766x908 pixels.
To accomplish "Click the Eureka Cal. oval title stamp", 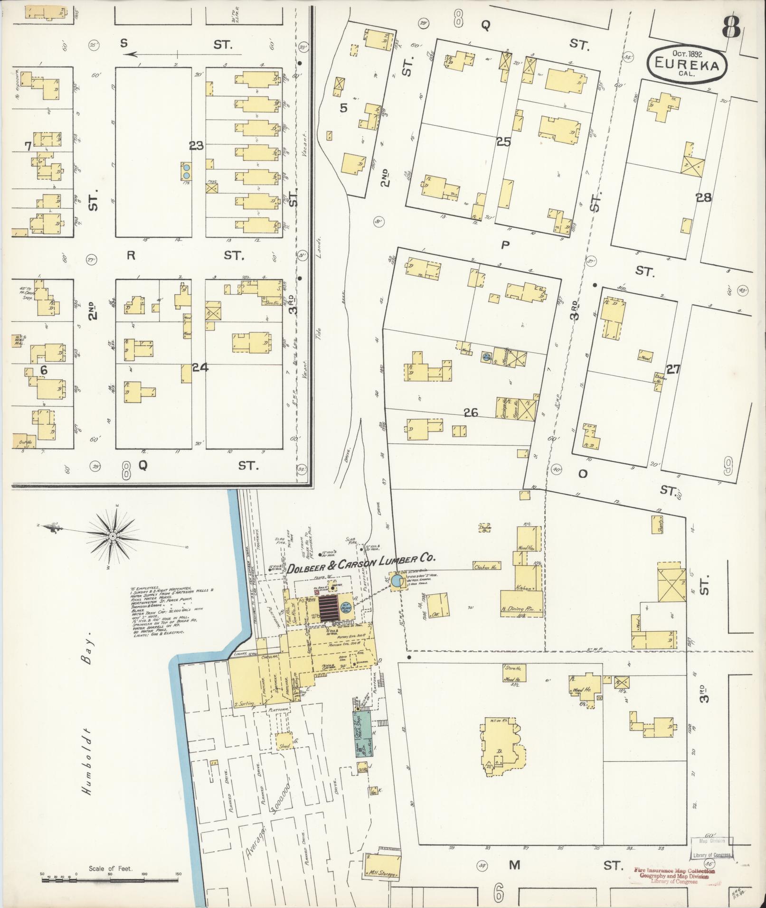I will point(687,62).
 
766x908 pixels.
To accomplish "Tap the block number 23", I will point(196,146).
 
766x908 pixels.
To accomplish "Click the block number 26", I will point(471,413).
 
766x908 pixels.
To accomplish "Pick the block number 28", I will point(703,198).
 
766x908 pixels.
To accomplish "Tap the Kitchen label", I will point(524,588).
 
